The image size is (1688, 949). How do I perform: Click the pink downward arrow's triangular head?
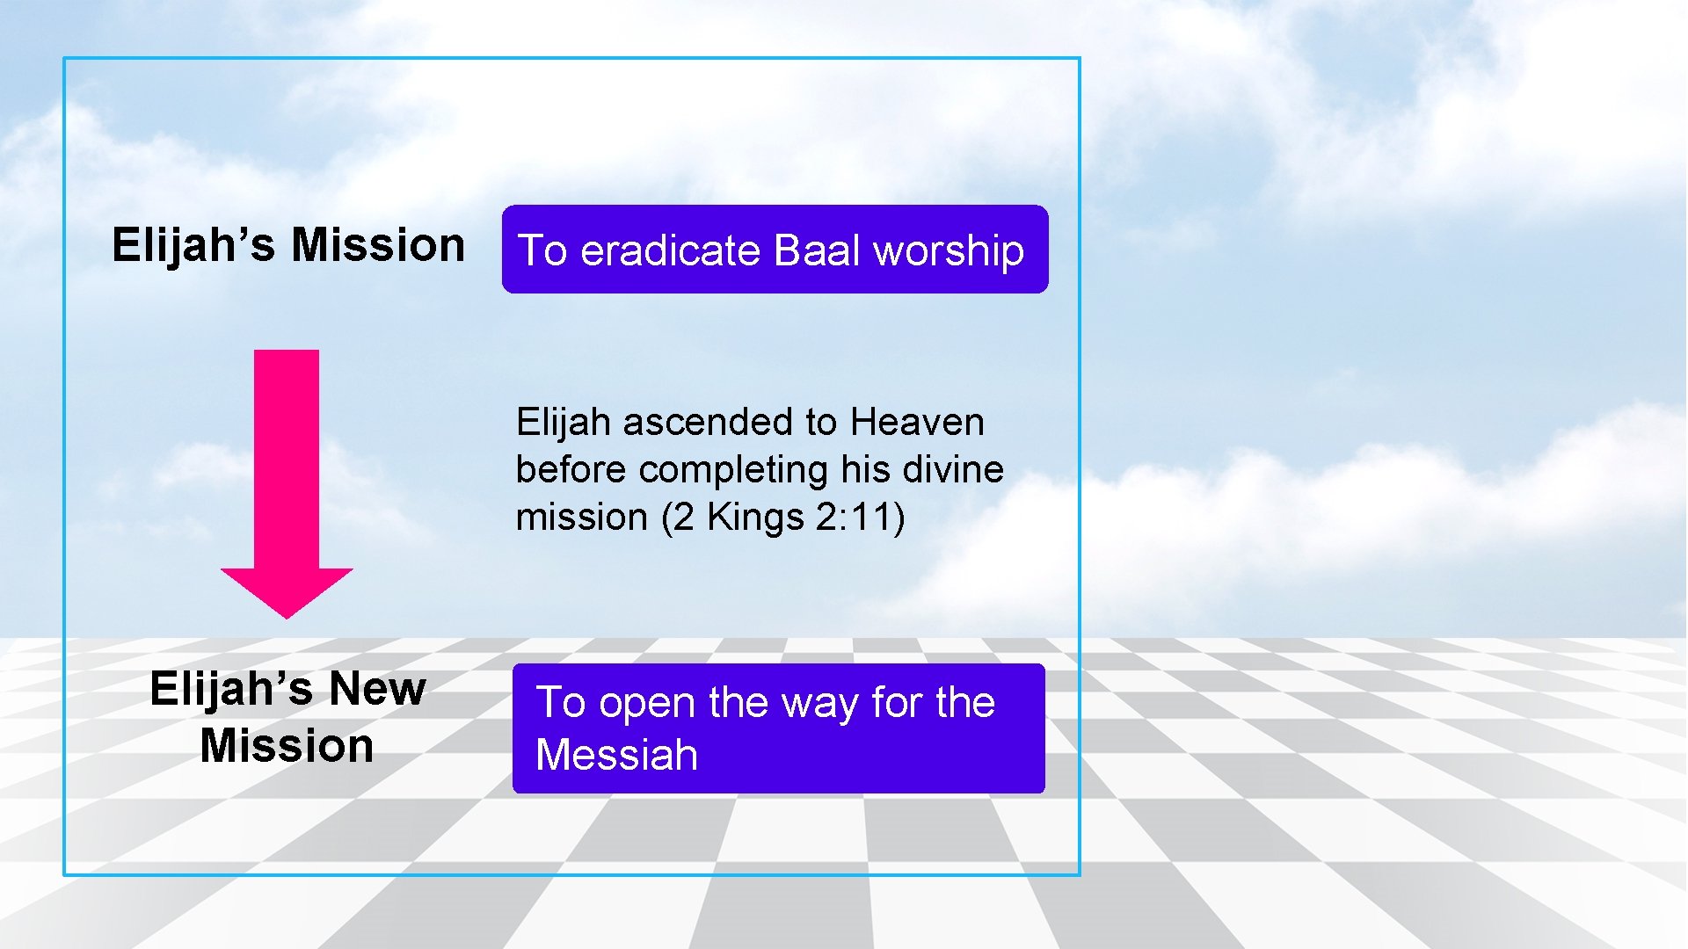[287, 590]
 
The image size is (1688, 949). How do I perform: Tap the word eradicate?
[670, 250]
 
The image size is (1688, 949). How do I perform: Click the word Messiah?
[616, 756]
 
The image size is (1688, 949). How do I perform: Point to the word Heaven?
[917, 423]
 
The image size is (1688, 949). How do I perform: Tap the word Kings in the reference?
[755, 517]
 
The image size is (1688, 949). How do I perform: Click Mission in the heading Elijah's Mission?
[378, 244]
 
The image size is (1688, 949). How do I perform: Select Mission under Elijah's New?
[287, 746]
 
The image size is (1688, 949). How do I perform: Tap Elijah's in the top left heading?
[193, 244]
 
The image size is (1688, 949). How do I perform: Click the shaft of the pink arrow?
[287, 457]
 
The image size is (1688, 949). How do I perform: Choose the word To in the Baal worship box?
[542, 250]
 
